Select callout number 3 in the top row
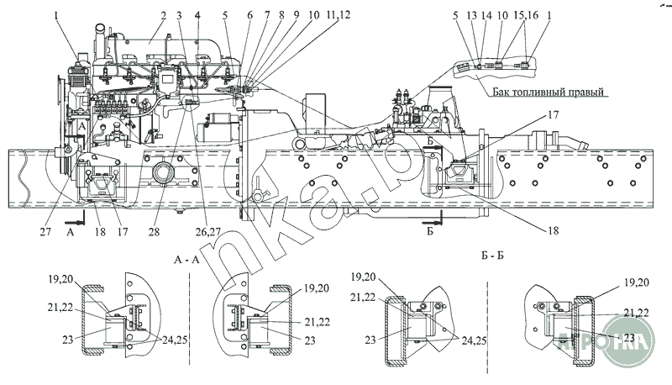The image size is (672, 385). tap(179, 16)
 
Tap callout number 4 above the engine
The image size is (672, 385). tap(197, 16)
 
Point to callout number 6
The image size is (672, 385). tap(249, 16)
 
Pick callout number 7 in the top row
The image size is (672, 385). tap(268, 16)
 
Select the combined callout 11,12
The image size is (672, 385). tap(339, 16)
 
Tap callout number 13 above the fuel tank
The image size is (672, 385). tap(472, 37)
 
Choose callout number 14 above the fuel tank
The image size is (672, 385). tap(485, 37)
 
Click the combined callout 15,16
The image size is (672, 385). tap(525, 37)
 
